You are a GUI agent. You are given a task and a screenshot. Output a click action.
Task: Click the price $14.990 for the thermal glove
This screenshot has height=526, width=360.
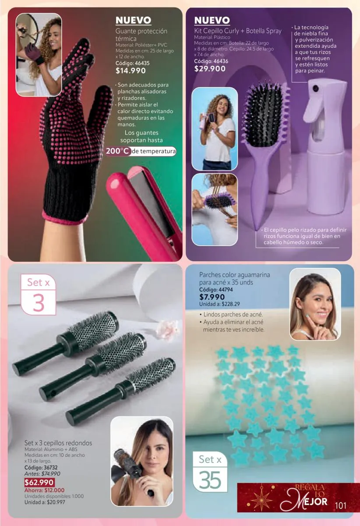pyautogui.click(x=131, y=71)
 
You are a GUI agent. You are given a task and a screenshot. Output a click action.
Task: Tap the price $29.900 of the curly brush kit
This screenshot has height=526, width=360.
pyautogui.click(x=210, y=69)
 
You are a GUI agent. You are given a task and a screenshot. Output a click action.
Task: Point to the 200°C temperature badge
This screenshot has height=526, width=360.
pyautogui.click(x=118, y=151)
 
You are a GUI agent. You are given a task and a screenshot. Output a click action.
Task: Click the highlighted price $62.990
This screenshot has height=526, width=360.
pyautogui.click(x=39, y=483)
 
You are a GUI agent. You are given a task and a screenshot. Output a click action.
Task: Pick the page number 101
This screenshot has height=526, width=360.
pyautogui.click(x=341, y=505)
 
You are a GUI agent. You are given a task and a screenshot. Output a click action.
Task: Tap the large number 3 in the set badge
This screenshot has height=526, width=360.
pyautogui.click(x=39, y=303)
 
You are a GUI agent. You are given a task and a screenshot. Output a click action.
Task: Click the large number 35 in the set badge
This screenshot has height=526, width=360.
pyautogui.click(x=210, y=480)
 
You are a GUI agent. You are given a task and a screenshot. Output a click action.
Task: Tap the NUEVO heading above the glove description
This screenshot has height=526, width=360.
pyautogui.click(x=133, y=20)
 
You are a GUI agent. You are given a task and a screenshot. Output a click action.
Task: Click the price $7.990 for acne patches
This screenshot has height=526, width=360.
pyautogui.click(x=212, y=297)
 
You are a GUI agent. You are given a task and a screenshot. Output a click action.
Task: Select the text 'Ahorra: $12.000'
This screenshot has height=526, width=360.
pyautogui.click(x=44, y=490)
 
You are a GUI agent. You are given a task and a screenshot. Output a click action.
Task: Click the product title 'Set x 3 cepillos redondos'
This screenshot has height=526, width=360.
pyautogui.click(x=58, y=443)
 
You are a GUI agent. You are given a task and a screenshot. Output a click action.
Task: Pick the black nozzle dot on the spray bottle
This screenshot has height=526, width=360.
pyautogui.click(x=316, y=88)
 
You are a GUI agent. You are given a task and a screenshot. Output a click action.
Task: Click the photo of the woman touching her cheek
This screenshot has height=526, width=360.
pyautogui.click(x=315, y=304)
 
